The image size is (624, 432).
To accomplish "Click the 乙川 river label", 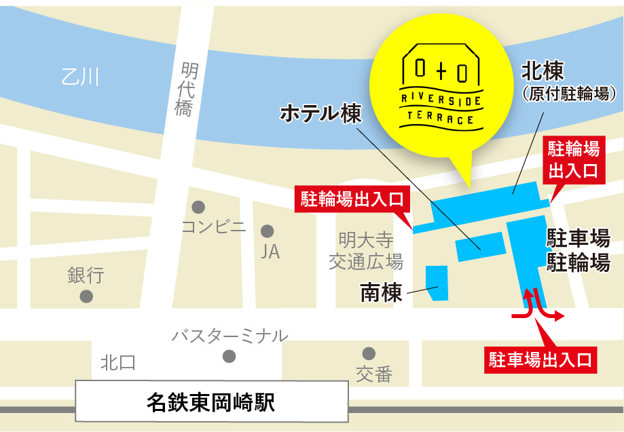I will (79, 77).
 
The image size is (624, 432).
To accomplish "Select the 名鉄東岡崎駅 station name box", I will (210, 402).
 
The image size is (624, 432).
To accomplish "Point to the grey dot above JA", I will (268, 231).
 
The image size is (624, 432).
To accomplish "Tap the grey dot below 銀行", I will (86, 296).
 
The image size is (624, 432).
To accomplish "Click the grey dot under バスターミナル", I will (230, 355).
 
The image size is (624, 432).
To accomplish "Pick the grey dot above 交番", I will (369, 353).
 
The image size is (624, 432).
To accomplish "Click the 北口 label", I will (118, 363).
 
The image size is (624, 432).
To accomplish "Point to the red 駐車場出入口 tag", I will (540, 358).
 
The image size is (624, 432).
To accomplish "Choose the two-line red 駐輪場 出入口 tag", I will (573, 159).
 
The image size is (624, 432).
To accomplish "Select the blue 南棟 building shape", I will (437, 282).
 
